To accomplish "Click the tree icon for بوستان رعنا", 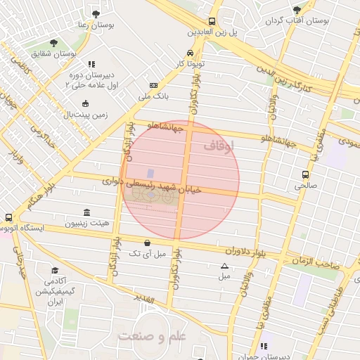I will click(96, 13).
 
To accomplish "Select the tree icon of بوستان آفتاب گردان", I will click(297, 9).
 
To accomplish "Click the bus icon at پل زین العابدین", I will click(212, 21).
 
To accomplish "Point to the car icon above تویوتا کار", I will click(190, 53).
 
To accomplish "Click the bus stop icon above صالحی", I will click(305, 174).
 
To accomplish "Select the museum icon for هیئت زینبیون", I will click(86, 212).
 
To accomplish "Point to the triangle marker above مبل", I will click(224, 266).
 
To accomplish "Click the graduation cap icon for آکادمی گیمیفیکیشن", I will click(55, 270).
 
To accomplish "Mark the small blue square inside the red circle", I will click(150, 173).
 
